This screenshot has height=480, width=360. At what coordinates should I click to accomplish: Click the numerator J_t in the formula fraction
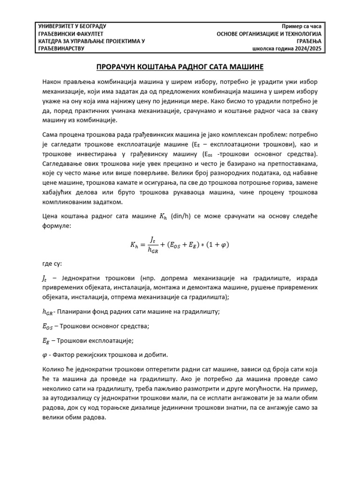coord(152,239)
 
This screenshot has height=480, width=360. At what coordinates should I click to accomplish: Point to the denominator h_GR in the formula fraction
coord(153,250)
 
